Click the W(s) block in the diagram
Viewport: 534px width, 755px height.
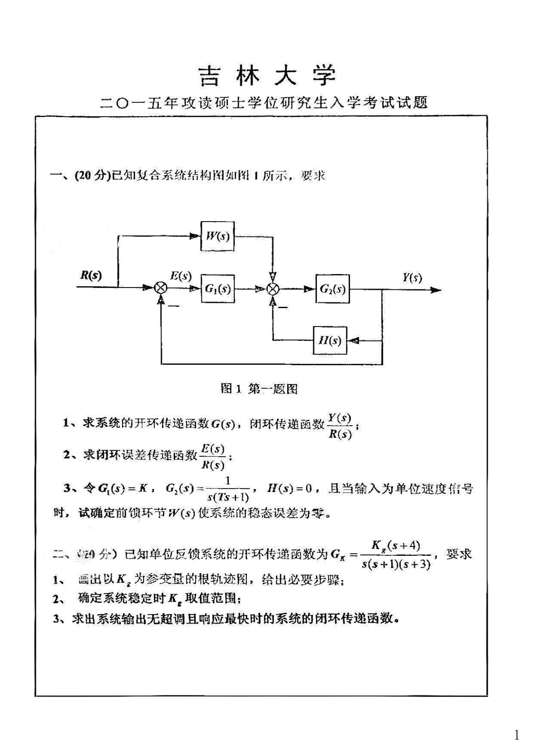pyautogui.click(x=218, y=236)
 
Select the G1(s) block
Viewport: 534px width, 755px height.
pyautogui.click(x=218, y=288)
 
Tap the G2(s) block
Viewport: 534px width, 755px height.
pyautogui.click(x=333, y=288)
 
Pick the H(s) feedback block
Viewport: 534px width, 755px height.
pyautogui.click(x=330, y=340)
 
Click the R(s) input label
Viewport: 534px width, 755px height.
pyautogui.click(x=91, y=275)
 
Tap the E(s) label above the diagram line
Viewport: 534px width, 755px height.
pyautogui.click(x=181, y=276)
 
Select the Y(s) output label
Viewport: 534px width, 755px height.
pyautogui.click(x=411, y=278)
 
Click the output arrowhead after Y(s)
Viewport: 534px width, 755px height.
pyautogui.click(x=435, y=290)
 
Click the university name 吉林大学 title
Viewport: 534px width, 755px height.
pyautogui.click(x=267, y=75)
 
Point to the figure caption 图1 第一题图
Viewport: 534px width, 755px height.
pyautogui.click(x=259, y=388)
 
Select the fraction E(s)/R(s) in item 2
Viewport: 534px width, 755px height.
pyautogui.click(x=213, y=457)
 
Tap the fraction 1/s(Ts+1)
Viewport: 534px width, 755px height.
pyautogui.click(x=228, y=489)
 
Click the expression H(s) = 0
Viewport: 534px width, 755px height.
pyautogui.click(x=289, y=488)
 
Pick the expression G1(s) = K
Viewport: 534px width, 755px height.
pyautogui.click(x=123, y=488)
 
